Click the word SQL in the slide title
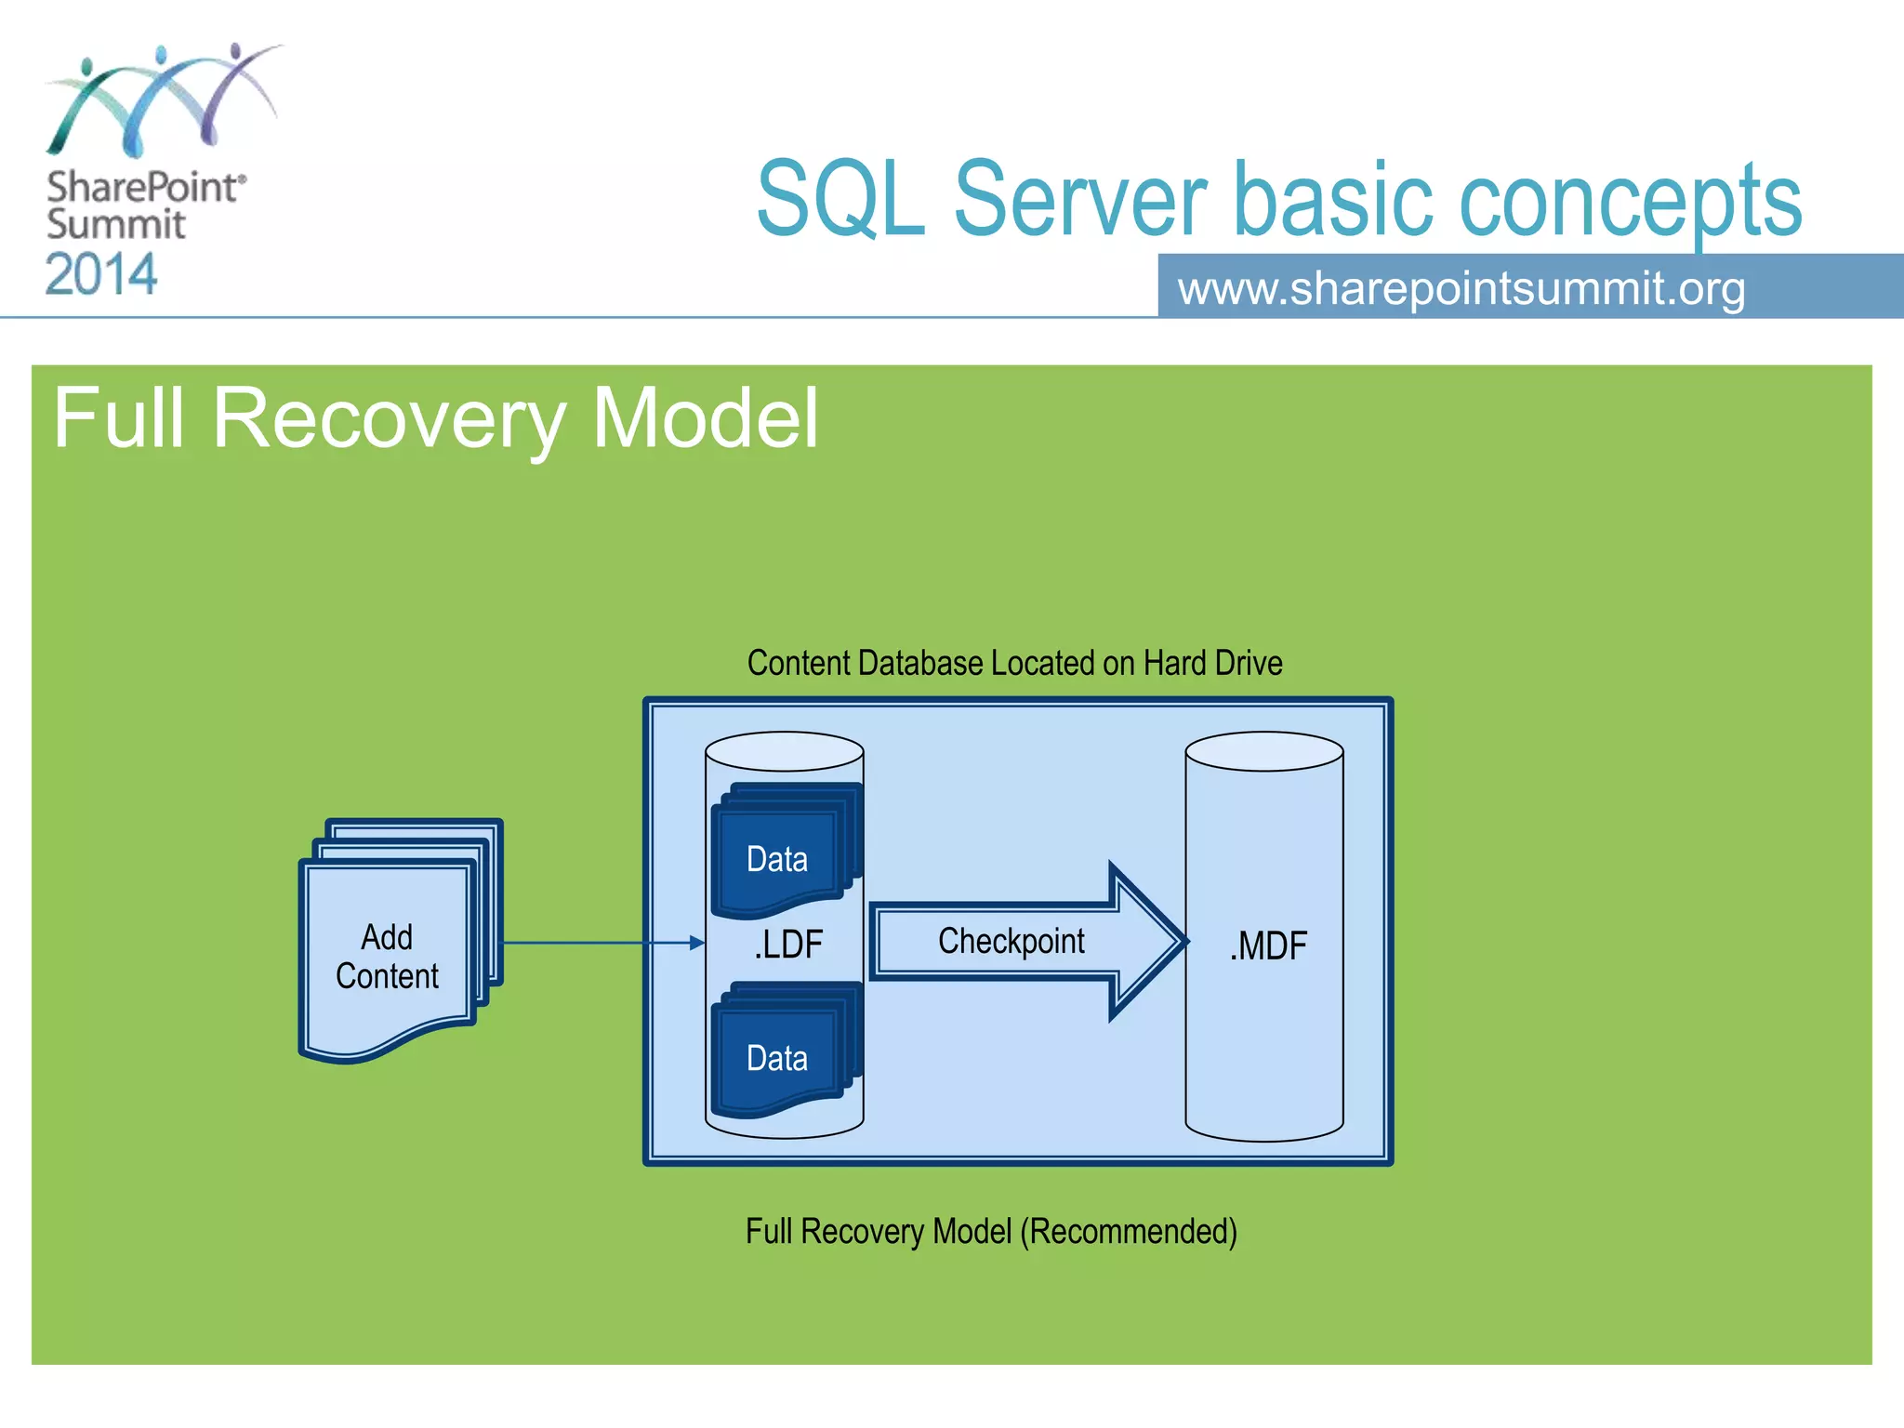840,199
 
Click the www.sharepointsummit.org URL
1461,288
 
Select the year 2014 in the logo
101,275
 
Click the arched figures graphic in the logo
163,98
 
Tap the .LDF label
787,945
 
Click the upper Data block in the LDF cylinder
777,858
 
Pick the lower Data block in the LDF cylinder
777,1058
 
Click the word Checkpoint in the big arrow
1011,941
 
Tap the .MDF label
1267,946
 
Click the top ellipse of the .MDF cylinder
1263,751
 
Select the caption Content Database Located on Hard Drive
1014,663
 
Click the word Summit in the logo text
115,225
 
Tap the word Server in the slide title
1079,199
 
